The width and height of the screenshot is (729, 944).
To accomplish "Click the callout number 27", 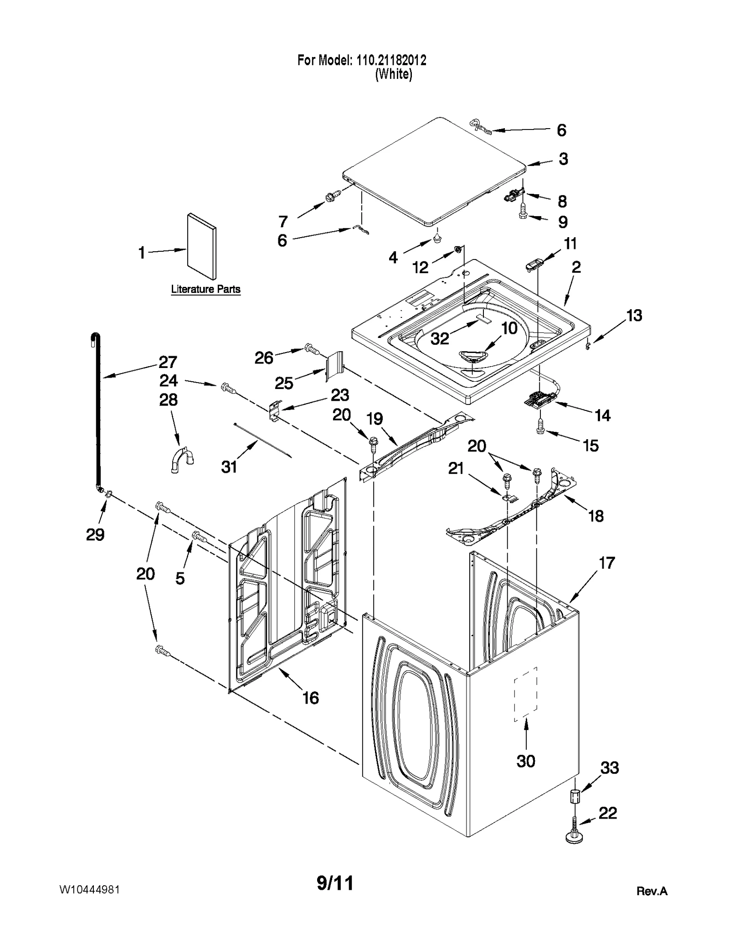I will click(x=167, y=363).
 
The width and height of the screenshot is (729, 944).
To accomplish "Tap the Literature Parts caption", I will click(x=205, y=289).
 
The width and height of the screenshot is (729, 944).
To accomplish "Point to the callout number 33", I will click(x=609, y=768).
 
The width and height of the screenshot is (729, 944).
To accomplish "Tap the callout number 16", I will click(x=311, y=698).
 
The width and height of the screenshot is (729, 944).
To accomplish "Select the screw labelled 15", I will click(x=541, y=427).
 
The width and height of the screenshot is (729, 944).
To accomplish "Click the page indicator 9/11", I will click(x=335, y=883).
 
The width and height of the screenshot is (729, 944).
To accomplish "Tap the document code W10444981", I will click(x=89, y=890).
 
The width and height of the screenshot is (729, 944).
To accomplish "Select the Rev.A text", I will click(x=652, y=891).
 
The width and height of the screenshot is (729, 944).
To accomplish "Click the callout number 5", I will click(x=180, y=578).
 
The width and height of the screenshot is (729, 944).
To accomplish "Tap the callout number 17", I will click(x=606, y=563).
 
